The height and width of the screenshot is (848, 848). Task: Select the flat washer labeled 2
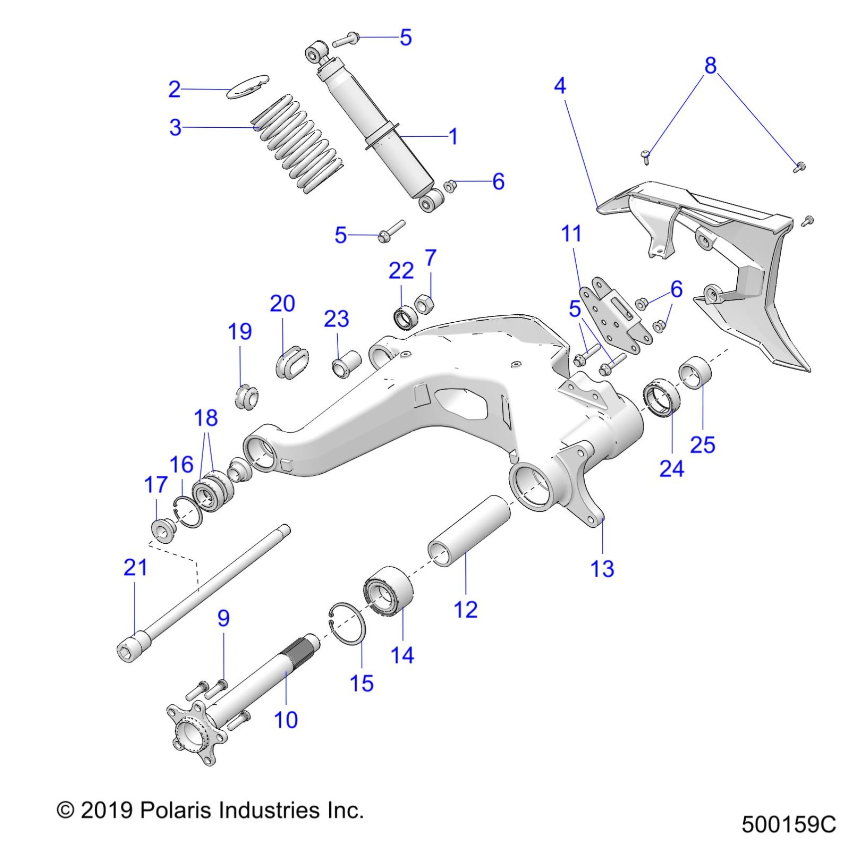(248, 86)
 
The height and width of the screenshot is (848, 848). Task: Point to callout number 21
(135, 567)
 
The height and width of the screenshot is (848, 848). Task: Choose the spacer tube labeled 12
(469, 531)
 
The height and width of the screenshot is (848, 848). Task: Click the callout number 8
(710, 65)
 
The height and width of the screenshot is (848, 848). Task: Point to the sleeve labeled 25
(695, 373)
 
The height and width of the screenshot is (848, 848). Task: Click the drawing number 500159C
(788, 824)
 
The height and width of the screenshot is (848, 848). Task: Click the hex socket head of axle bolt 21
(128, 650)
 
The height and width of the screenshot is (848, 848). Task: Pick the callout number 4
(560, 86)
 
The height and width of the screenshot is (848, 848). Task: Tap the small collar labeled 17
(162, 531)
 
